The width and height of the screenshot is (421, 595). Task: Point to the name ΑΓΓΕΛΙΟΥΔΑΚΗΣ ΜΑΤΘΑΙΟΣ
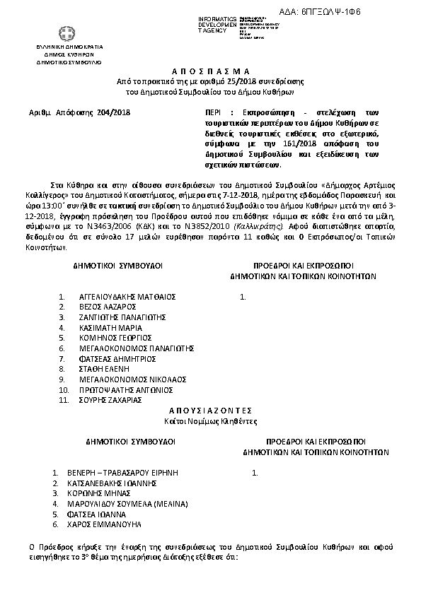click(128, 296)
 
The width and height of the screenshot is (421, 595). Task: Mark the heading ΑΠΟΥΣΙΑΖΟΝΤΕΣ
click(210, 410)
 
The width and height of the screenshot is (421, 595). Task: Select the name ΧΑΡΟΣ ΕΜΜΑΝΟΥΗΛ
click(109, 524)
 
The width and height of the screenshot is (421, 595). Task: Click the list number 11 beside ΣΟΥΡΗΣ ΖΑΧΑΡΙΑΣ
click(62, 400)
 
